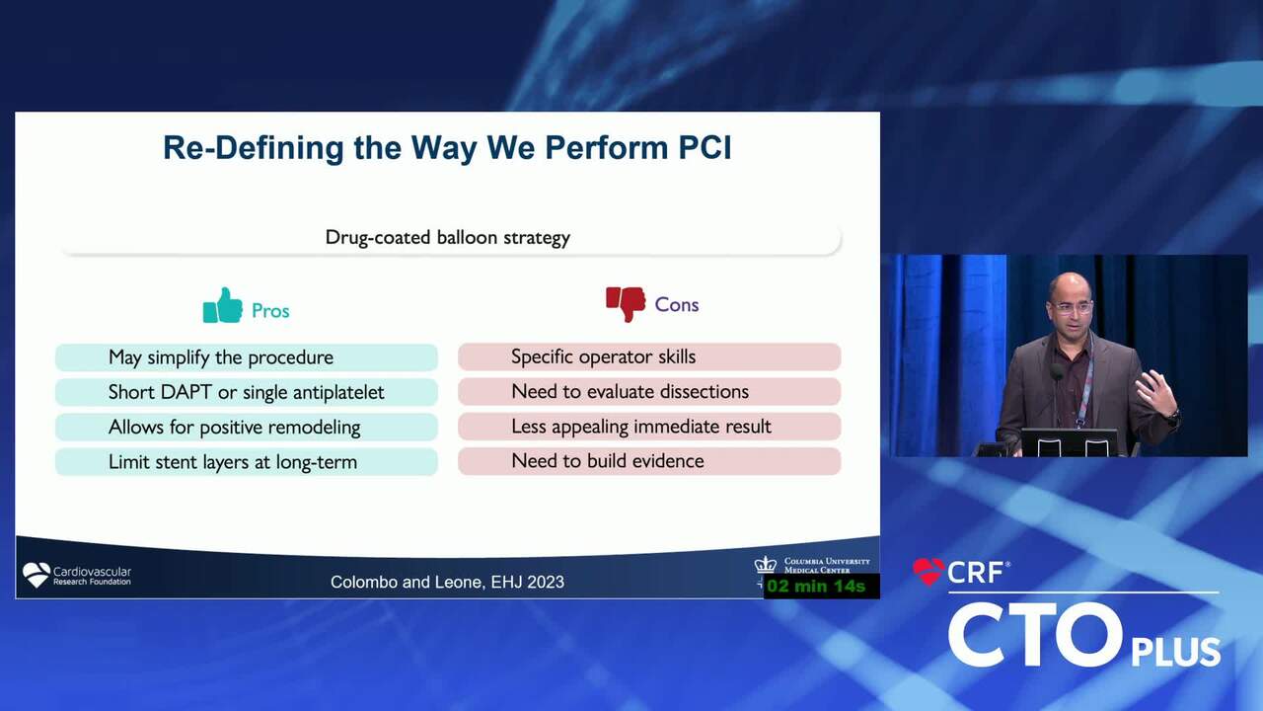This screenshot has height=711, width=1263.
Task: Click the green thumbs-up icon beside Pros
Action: (x=223, y=306)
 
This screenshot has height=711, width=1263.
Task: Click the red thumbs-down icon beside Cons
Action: (x=626, y=304)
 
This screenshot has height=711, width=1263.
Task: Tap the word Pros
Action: (x=270, y=311)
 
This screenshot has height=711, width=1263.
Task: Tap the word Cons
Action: (x=677, y=305)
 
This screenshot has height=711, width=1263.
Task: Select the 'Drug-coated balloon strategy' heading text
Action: (x=448, y=238)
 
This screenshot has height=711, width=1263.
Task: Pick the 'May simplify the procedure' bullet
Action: (x=221, y=357)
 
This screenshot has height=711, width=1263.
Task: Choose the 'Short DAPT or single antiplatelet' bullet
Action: (x=247, y=392)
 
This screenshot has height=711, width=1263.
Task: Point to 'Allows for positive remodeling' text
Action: (x=235, y=428)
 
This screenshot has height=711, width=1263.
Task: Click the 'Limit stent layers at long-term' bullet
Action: (x=233, y=462)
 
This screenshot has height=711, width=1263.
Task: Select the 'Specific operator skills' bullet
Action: (x=603, y=356)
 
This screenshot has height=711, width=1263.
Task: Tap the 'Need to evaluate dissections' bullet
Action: (x=630, y=392)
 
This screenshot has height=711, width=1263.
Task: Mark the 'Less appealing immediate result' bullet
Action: (x=641, y=427)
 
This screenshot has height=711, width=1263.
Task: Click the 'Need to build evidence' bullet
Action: (x=608, y=461)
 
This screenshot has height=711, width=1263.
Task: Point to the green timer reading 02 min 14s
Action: (x=816, y=587)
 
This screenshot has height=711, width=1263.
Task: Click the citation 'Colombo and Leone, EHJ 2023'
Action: (x=447, y=583)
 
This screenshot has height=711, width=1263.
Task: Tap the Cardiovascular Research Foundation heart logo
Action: (x=37, y=575)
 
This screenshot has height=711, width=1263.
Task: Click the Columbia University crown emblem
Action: (x=765, y=565)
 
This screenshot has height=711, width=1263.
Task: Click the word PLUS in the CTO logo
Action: (x=1176, y=653)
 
